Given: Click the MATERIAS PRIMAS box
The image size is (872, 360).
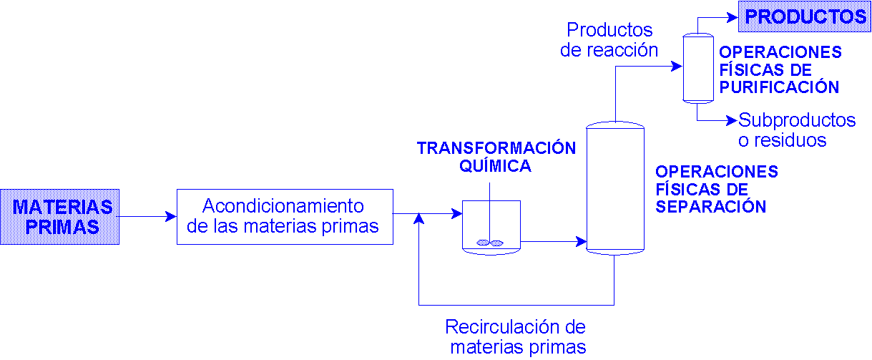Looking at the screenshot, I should pyautogui.click(x=59, y=217).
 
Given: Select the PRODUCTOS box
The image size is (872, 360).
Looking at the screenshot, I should pyautogui.click(x=805, y=17).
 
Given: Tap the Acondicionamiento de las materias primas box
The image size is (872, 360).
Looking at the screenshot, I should pyautogui.click(x=285, y=217).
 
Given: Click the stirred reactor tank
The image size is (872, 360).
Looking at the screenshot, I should pyautogui.click(x=491, y=227).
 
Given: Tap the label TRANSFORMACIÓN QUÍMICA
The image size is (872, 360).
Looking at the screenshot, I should pyautogui.click(x=496, y=157).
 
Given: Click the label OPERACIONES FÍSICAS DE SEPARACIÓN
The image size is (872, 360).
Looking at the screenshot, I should pyautogui.click(x=716, y=189).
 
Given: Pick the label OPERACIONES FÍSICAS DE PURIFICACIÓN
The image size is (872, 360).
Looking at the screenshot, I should pyautogui.click(x=780, y=70).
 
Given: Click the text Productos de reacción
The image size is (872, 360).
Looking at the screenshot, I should pyautogui.click(x=609, y=40).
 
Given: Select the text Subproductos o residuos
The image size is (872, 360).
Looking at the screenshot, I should pyautogui.click(x=796, y=130).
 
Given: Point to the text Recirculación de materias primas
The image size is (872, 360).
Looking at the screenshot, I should pyautogui.click(x=516, y=337).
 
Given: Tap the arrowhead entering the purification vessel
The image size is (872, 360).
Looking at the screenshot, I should pyautogui.click(x=677, y=67).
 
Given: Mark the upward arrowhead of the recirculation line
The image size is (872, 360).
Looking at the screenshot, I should pyautogui.click(x=419, y=218).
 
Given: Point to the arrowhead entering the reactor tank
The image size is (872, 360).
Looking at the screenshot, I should pyautogui.click(x=456, y=213).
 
